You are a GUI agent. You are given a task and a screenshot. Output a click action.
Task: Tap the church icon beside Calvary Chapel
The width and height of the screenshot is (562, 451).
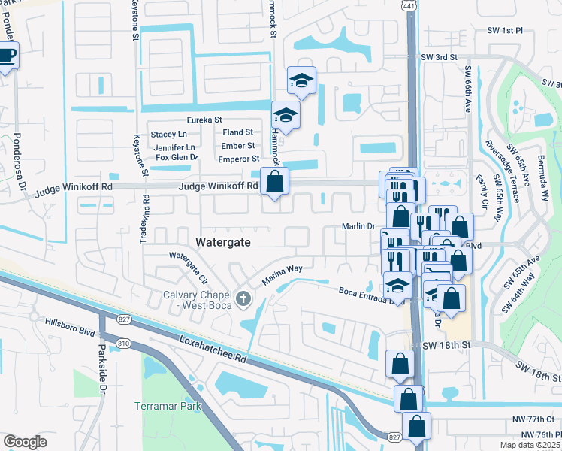[x=242, y=300]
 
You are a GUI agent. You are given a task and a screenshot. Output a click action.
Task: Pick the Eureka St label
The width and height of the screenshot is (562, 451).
[x=204, y=120]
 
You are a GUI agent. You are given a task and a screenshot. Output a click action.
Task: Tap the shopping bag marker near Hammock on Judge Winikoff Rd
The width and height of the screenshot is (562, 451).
[x=275, y=181]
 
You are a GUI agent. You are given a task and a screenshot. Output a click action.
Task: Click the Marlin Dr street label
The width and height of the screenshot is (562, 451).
[x=358, y=226]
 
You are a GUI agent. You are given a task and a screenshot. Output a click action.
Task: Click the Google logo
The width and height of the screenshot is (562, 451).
[x=25, y=441]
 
